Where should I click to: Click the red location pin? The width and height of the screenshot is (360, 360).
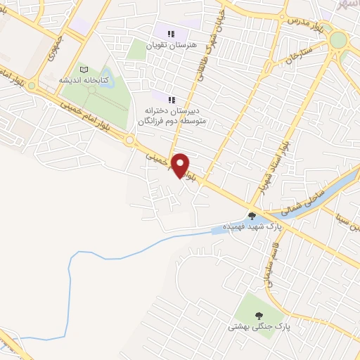(x=181, y=165)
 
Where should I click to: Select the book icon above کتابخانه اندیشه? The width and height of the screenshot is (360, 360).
(x=85, y=70)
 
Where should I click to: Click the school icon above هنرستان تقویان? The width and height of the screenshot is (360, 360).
(x=170, y=33)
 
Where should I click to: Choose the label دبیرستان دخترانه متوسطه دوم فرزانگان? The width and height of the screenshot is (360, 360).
(x=174, y=116)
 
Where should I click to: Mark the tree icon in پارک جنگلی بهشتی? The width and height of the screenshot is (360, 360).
(x=258, y=315)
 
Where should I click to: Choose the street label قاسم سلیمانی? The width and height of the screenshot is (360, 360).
(x=266, y=267)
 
